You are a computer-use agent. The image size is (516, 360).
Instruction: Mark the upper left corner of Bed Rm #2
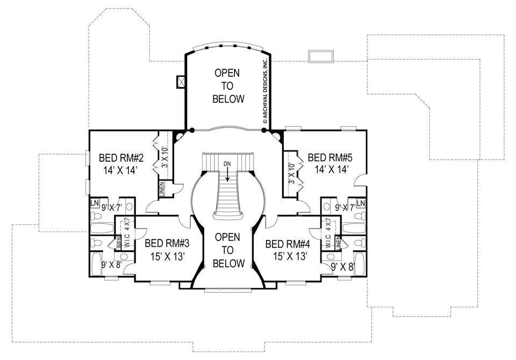[x=90, y=131]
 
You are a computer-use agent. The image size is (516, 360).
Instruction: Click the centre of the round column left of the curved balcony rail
[x=192, y=130]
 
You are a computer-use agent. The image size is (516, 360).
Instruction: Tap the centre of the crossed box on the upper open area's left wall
[x=181, y=82]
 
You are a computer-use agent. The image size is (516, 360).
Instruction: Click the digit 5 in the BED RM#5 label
[x=349, y=157]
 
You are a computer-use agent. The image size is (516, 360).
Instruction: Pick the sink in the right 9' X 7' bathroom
[x=327, y=207]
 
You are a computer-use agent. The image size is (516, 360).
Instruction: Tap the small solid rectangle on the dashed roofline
[x=321, y=56]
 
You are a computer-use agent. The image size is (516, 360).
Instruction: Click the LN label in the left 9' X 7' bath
[x=95, y=203]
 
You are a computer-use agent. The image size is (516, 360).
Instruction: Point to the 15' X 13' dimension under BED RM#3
[x=167, y=256]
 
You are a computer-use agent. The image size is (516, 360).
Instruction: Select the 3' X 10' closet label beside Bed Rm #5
[x=291, y=174]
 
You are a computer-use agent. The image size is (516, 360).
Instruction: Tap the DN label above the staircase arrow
[x=227, y=163]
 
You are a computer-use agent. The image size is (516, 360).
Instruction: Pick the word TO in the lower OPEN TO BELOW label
[x=227, y=250]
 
